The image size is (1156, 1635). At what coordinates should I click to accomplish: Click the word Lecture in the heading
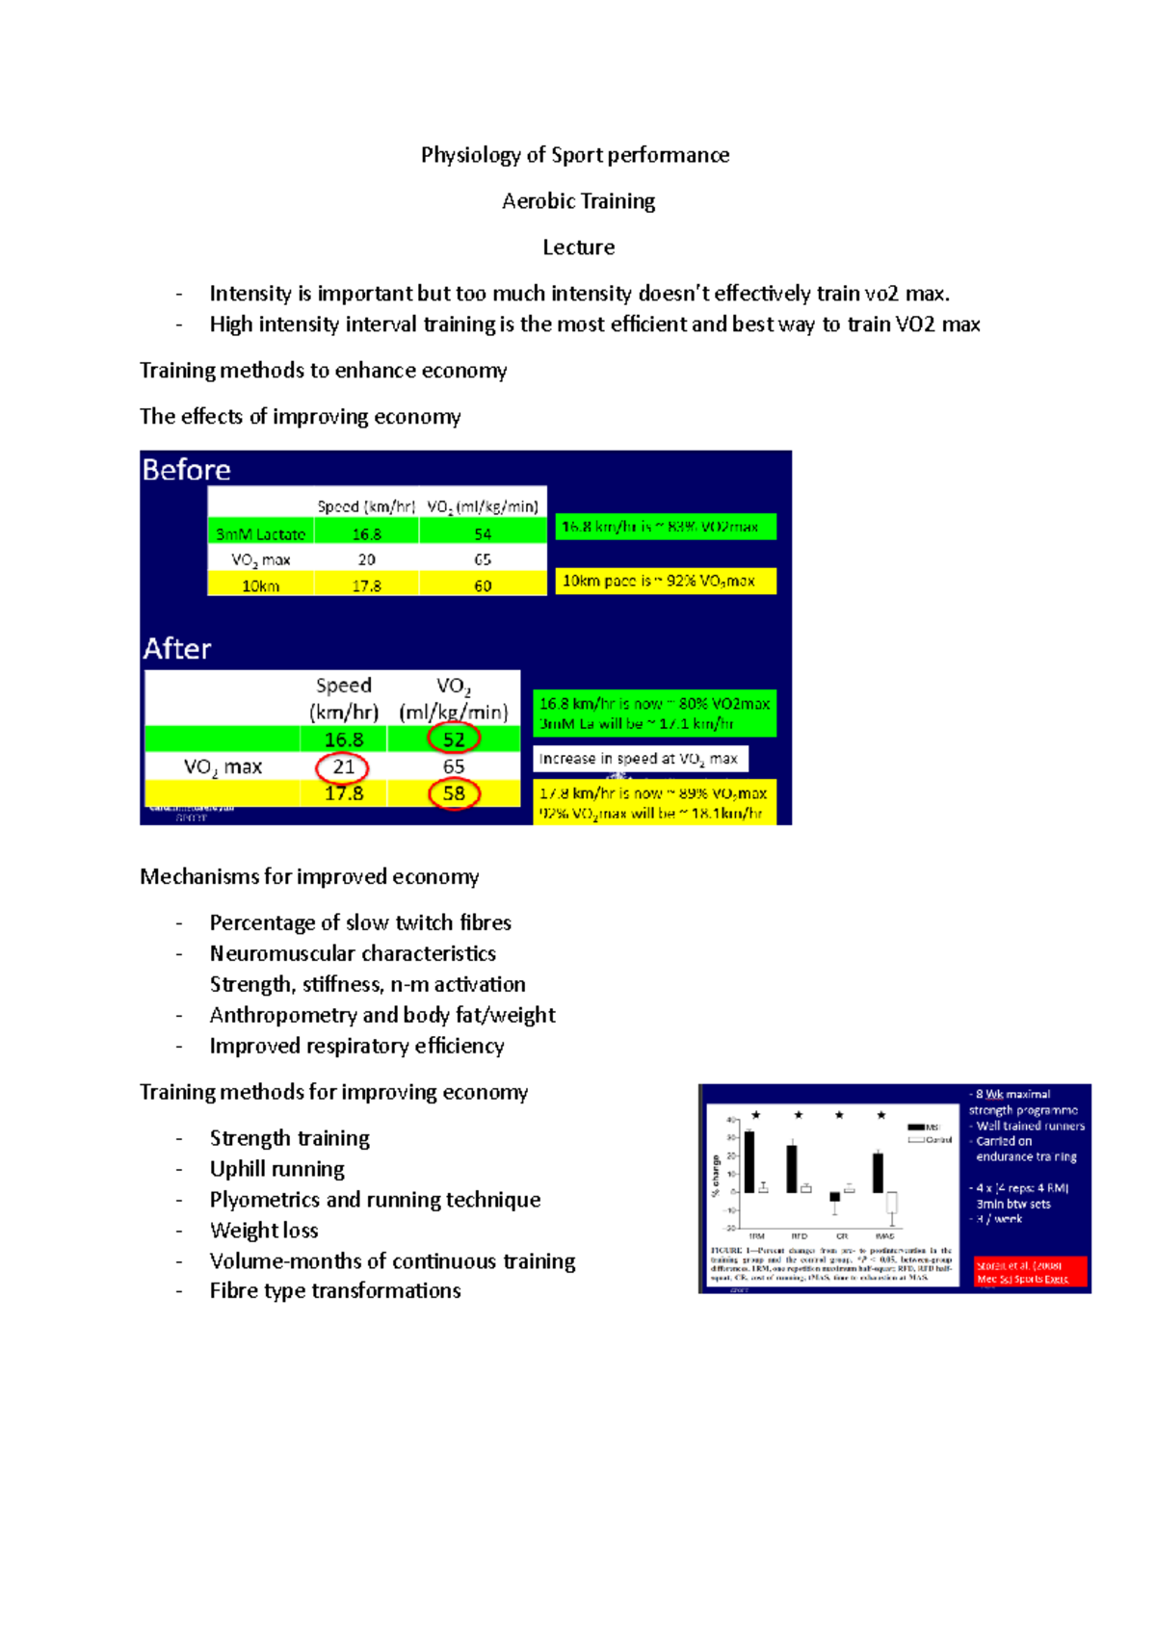(x=578, y=247)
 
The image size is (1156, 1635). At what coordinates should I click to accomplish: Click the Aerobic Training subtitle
(x=578, y=201)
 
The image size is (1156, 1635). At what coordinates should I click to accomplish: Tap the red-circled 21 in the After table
(x=343, y=767)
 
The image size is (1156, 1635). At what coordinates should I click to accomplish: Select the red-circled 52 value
(x=454, y=740)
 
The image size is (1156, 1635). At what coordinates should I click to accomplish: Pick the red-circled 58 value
(x=454, y=793)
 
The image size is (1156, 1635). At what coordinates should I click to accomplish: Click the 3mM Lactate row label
(x=260, y=533)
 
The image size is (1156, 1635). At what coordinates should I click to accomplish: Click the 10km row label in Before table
(x=260, y=585)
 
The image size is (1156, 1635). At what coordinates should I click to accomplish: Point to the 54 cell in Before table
(x=483, y=533)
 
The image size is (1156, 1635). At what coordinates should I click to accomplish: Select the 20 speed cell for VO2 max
(x=366, y=559)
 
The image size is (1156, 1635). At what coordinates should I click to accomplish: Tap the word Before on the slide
(x=186, y=470)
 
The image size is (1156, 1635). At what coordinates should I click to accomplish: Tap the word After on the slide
(x=177, y=649)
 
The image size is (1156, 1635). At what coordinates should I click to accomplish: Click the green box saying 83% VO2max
(x=665, y=527)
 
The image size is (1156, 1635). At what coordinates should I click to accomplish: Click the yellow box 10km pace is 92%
(x=665, y=581)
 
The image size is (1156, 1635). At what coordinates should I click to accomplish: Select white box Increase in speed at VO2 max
(x=640, y=759)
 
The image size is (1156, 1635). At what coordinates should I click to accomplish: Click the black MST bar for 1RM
(x=749, y=1161)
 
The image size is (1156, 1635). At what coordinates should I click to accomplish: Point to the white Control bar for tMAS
(x=892, y=1203)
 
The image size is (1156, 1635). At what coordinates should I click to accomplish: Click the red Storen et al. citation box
(x=1029, y=1271)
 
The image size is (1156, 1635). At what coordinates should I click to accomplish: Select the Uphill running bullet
(x=276, y=1169)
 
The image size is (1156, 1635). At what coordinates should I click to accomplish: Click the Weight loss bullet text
(x=264, y=1231)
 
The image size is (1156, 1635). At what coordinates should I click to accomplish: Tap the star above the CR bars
(x=839, y=1115)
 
